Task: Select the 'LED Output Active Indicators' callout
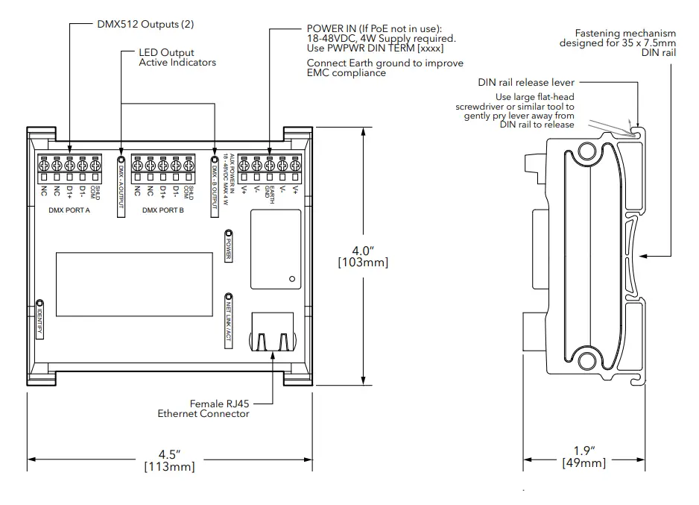pyautogui.click(x=177, y=57)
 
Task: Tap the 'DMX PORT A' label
pyautogui.click(x=63, y=210)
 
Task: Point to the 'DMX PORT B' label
pyautogui.click(x=163, y=210)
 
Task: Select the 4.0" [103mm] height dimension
pyautogui.click(x=362, y=255)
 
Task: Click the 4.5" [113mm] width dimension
pyautogui.click(x=169, y=459)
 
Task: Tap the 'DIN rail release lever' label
pyautogui.click(x=526, y=83)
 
